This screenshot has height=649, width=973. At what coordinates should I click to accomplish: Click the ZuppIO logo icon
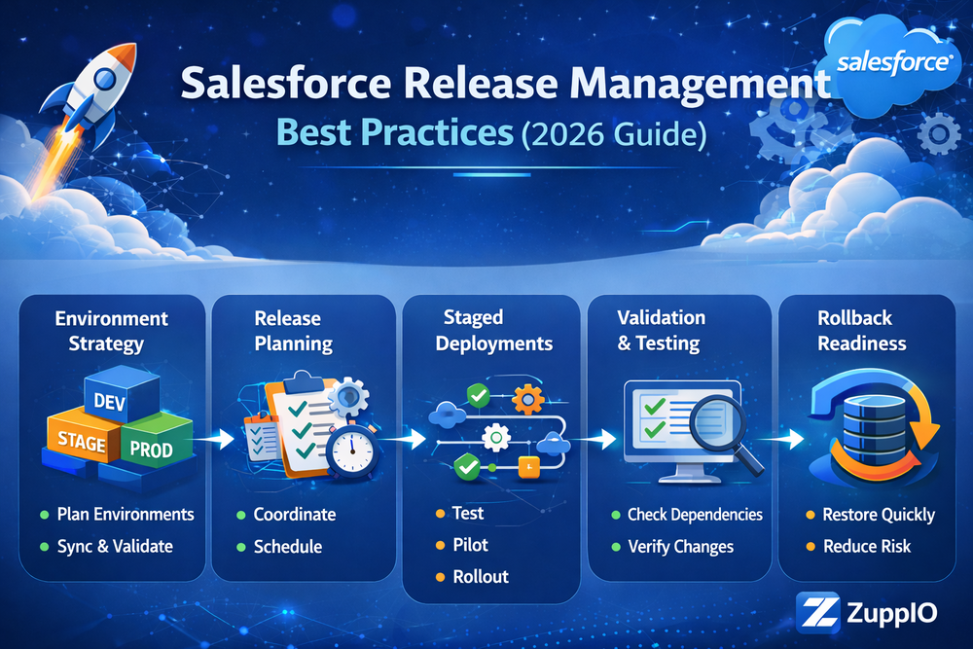(817, 614)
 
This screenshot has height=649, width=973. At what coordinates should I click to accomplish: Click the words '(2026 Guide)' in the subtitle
(614, 134)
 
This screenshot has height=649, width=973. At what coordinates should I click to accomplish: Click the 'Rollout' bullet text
(481, 577)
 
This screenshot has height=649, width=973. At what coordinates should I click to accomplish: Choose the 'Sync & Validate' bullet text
(115, 547)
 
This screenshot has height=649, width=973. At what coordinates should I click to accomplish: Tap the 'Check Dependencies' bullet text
(695, 515)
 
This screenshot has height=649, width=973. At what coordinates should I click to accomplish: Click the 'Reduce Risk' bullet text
(867, 547)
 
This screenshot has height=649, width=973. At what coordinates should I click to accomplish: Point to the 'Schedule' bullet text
(288, 547)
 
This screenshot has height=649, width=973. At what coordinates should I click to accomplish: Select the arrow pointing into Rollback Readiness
(782, 439)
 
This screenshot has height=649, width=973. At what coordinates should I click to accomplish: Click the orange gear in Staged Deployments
(527, 399)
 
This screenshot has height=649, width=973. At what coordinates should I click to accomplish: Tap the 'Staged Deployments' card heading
(494, 330)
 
